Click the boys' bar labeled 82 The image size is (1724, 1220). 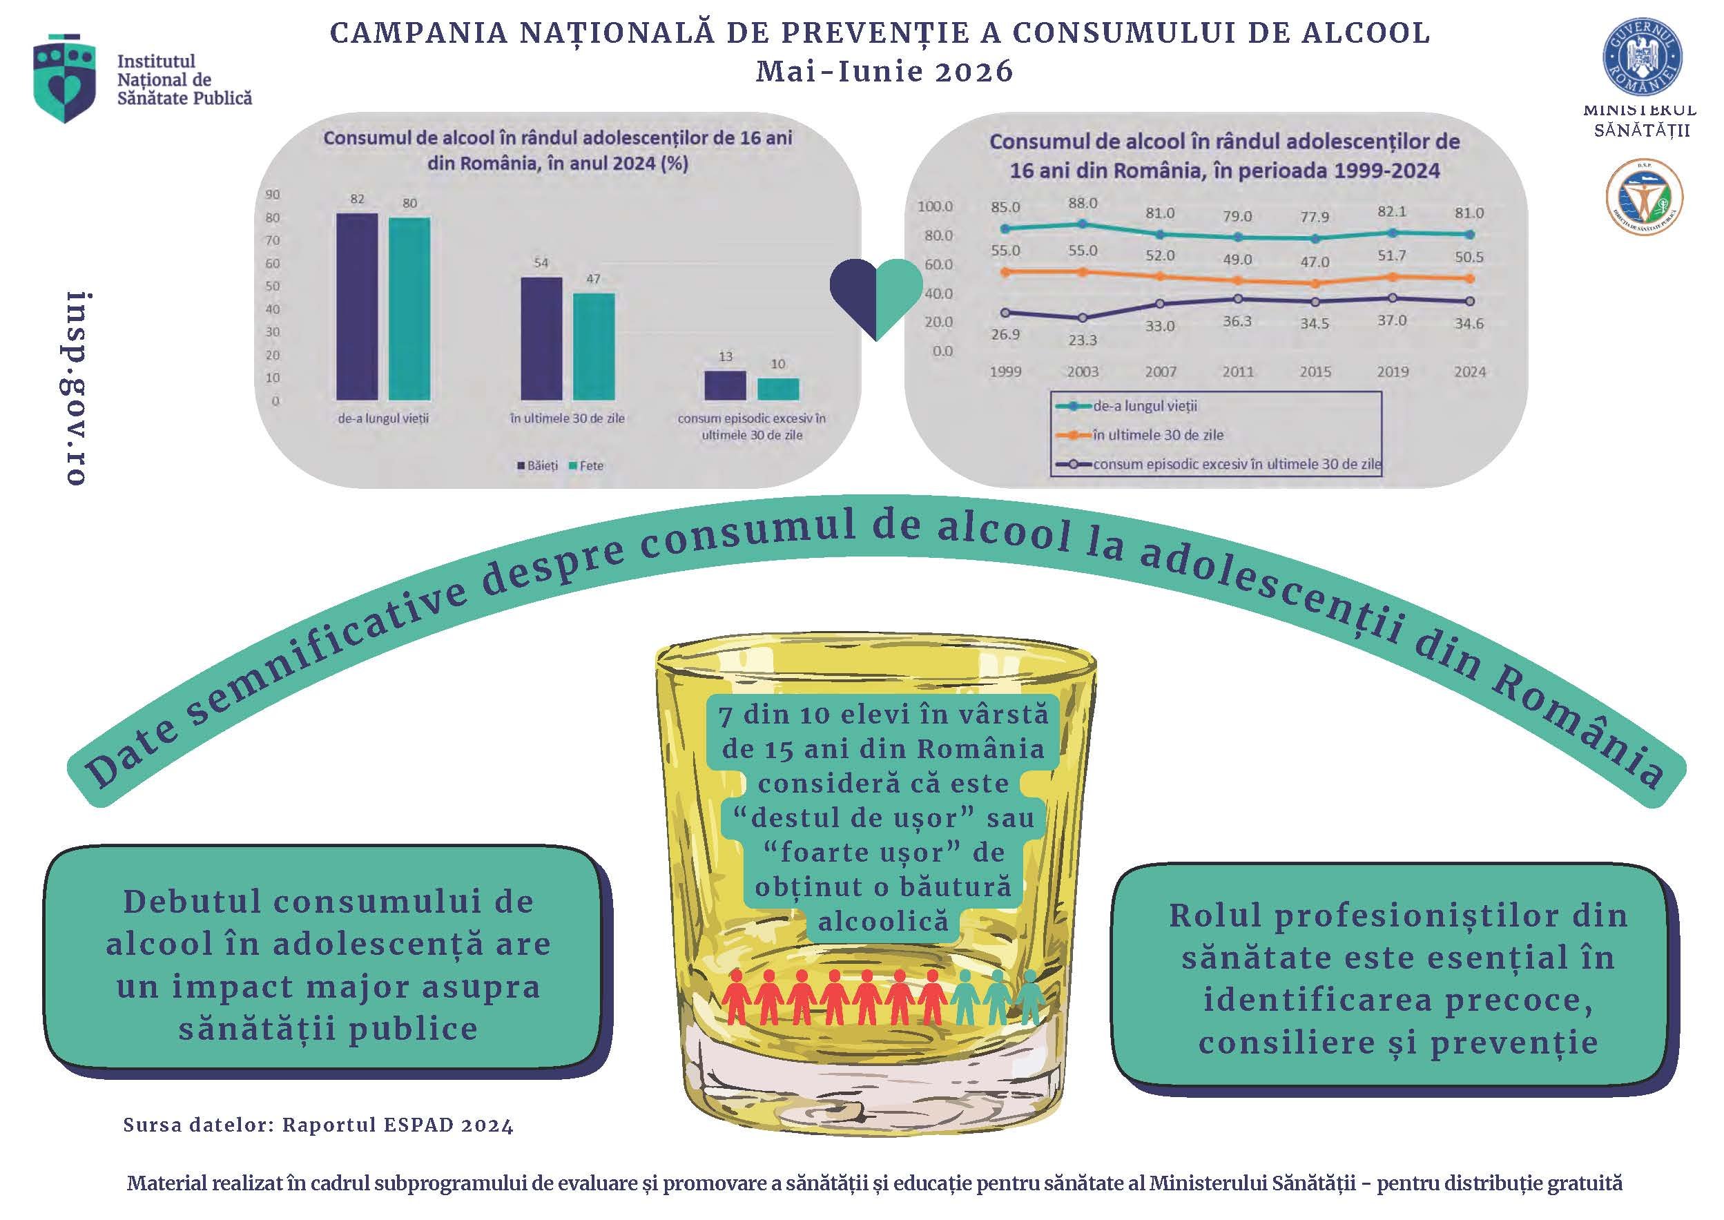(x=357, y=307)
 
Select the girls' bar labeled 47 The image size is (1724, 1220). (x=594, y=347)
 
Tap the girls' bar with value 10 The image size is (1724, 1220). (x=778, y=389)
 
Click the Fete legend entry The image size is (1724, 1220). (x=587, y=466)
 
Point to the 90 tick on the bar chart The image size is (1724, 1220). (x=273, y=195)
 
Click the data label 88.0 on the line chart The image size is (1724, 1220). (x=1083, y=203)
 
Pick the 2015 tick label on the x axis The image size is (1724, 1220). (x=1315, y=372)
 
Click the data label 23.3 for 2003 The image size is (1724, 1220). (x=1083, y=340)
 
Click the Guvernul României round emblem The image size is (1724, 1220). (x=1642, y=58)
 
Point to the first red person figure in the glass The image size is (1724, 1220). (x=736, y=996)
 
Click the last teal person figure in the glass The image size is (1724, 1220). (x=1029, y=998)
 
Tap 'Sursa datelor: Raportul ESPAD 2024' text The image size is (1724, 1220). (x=318, y=1125)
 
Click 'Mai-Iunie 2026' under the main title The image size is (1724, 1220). (x=884, y=71)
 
